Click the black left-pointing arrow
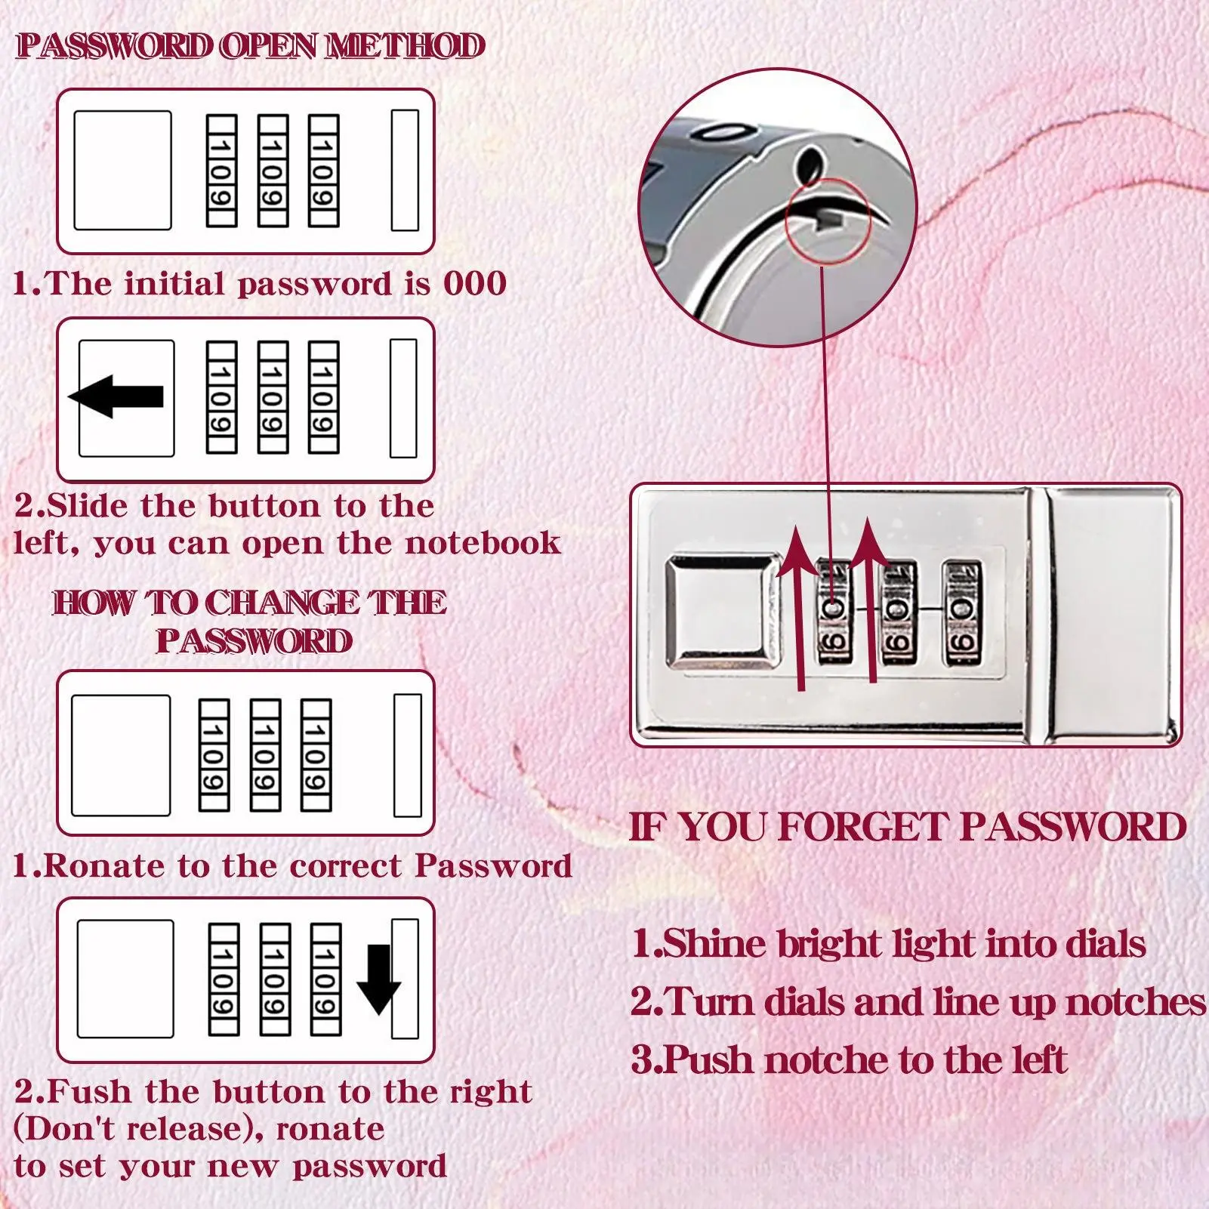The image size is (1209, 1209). tap(116, 396)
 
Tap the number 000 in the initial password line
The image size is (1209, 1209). tap(475, 284)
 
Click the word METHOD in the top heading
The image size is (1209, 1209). tap(405, 46)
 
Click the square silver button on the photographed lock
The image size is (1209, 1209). tap(723, 612)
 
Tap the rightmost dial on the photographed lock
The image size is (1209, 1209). tap(962, 613)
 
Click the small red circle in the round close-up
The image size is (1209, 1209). tap(828, 221)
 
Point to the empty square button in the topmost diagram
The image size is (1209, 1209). tap(122, 171)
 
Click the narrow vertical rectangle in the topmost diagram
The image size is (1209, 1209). tap(405, 170)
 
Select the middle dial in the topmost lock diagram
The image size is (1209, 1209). tap(273, 171)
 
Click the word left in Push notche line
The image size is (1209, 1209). tap(1040, 1060)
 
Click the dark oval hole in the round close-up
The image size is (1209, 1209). tap(810, 166)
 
